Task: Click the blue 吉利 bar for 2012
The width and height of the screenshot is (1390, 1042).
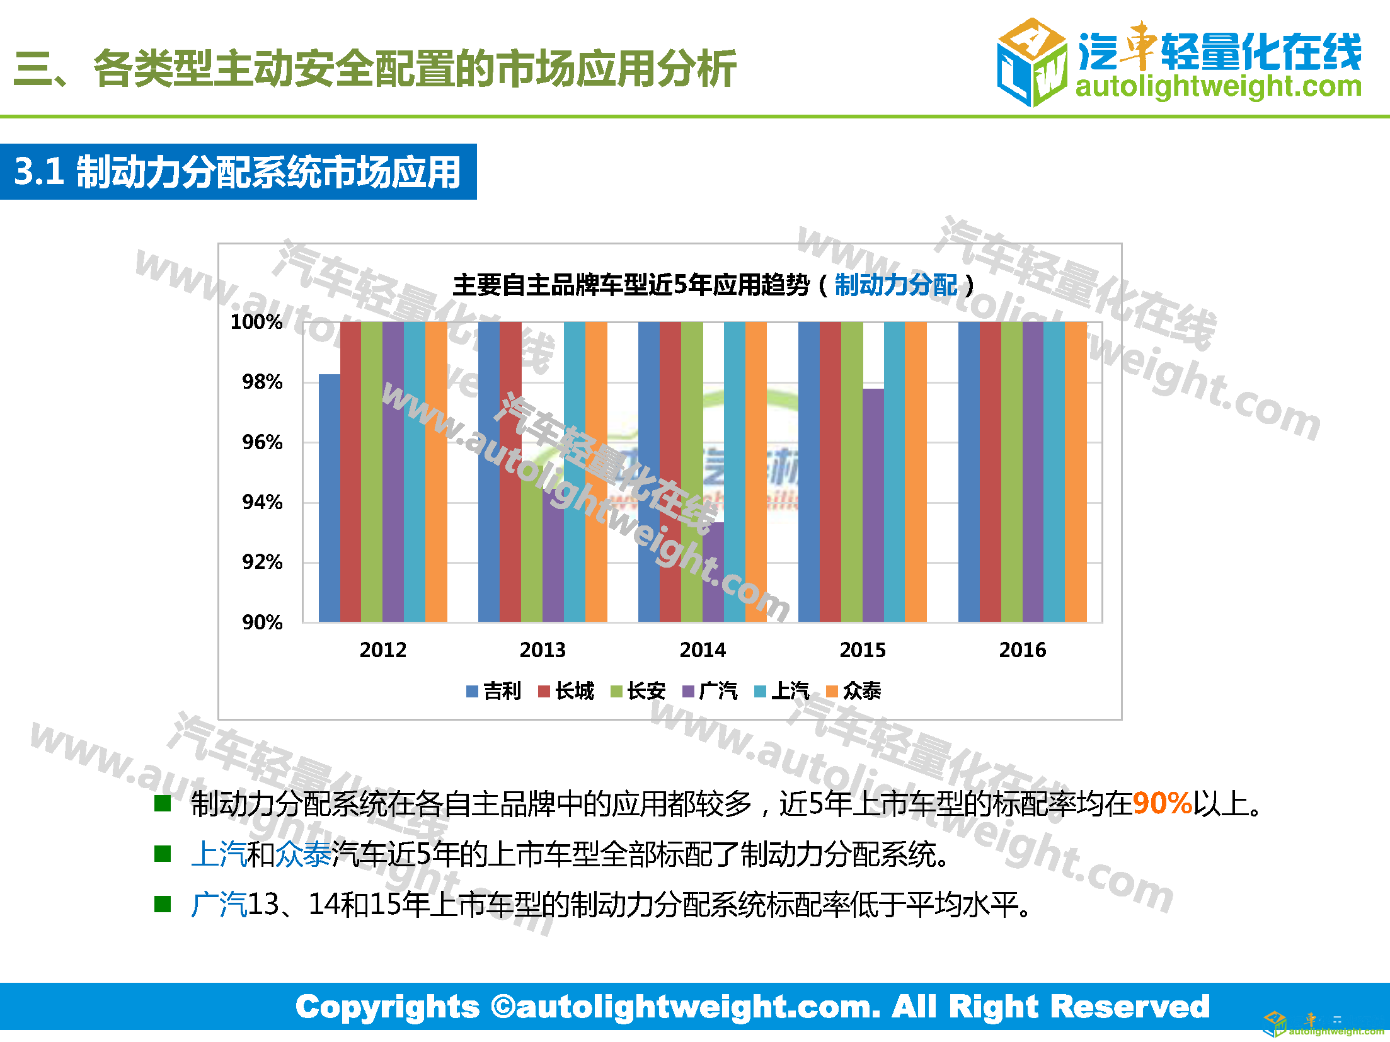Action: point(329,498)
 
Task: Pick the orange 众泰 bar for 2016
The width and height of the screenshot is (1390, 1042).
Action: point(1076,472)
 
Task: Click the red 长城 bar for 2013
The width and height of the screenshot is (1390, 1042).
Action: point(510,472)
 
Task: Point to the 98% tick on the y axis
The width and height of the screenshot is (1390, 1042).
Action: point(262,382)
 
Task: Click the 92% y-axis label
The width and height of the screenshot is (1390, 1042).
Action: point(262,562)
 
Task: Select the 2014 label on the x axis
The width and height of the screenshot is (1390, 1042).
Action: point(703,650)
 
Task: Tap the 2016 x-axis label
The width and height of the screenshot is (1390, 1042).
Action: point(1022,650)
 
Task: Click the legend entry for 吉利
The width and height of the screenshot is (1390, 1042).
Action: point(495,691)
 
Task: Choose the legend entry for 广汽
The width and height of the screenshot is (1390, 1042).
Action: point(710,691)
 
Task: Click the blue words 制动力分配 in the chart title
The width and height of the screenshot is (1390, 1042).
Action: point(895,285)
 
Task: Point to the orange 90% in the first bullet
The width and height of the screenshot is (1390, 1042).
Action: point(1162,803)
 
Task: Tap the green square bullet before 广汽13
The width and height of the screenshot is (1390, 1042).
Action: point(163,904)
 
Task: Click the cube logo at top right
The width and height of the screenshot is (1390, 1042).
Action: point(1031,62)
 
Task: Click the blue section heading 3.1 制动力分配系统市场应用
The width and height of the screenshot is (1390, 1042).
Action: point(238,172)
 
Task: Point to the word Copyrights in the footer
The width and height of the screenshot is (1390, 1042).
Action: point(388,1007)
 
